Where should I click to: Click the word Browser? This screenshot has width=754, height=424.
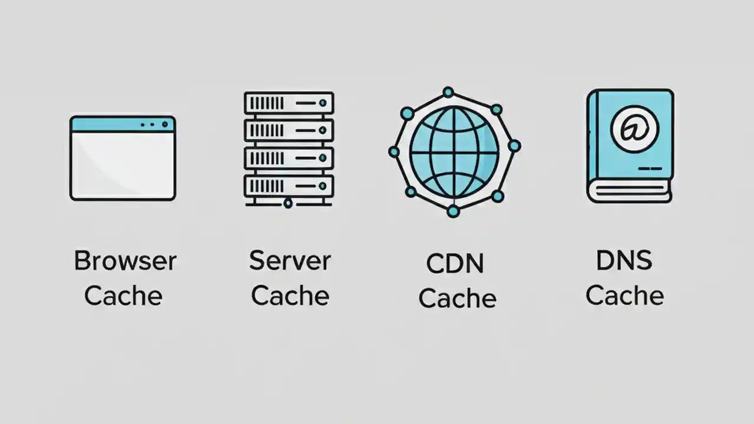(125, 261)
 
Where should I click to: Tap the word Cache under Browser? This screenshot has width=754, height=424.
(123, 295)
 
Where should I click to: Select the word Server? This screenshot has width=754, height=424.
(290, 261)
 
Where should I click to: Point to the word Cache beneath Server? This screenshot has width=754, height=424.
(290, 295)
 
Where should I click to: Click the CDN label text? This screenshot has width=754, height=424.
(455, 264)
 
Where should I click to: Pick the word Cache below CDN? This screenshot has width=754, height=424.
(457, 298)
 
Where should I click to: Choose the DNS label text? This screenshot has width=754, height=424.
(624, 260)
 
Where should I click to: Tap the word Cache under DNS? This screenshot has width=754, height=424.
(624, 295)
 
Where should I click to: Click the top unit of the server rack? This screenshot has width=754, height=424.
(289, 103)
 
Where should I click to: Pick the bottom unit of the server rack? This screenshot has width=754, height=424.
(289, 186)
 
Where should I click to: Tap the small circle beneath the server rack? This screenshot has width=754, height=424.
(288, 204)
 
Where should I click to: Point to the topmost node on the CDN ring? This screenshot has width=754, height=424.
(448, 92)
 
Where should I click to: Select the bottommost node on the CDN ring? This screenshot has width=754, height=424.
(452, 211)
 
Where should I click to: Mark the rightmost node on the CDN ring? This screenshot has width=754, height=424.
(514, 145)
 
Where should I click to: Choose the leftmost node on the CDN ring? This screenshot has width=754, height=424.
(394, 152)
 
